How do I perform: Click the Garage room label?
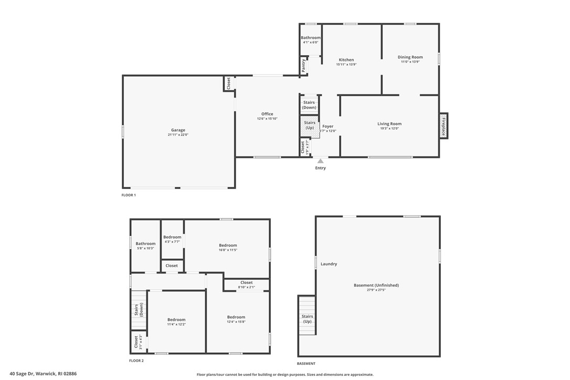[x=178, y=130]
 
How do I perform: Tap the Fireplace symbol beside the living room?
[x=444, y=126]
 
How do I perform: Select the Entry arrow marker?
[x=320, y=161]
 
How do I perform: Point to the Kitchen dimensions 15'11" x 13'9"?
[x=346, y=65]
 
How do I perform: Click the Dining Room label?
[x=410, y=57]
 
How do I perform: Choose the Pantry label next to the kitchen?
[x=303, y=66]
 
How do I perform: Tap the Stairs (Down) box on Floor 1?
[x=309, y=105]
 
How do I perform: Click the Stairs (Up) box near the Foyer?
[x=309, y=125]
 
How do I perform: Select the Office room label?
[x=267, y=114]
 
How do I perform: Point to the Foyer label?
[x=328, y=126]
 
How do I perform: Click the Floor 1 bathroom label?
[x=310, y=38]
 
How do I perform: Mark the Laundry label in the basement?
[x=329, y=264]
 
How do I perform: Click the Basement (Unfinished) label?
[x=376, y=285]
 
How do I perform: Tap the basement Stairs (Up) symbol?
[x=308, y=316]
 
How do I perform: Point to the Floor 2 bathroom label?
[x=145, y=244]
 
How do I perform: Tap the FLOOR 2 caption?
[x=136, y=361]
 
